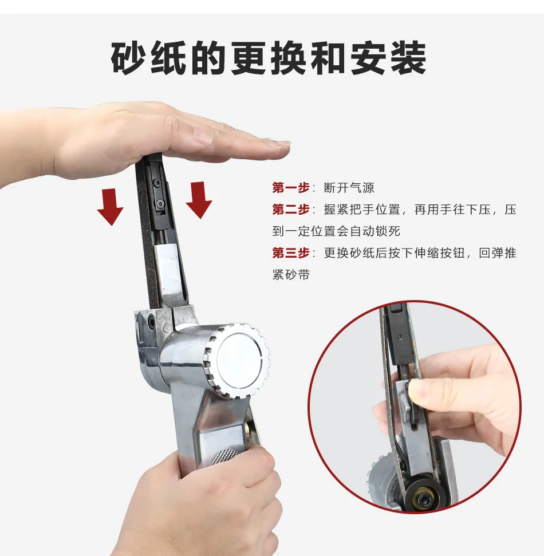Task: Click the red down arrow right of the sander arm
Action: tap(199, 200)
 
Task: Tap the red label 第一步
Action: tap(291, 188)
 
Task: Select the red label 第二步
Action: tap(291, 209)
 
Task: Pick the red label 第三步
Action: tap(291, 253)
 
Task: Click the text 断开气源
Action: tap(349, 188)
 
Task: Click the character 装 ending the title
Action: tap(408, 58)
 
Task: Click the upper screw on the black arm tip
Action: tap(156, 183)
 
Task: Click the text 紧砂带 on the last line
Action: tap(291, 274)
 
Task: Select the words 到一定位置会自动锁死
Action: tap(336, 231)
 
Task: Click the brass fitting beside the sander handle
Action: tap(249, 430)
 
